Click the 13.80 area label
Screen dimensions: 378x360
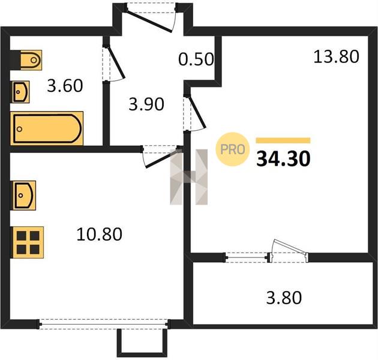tap(336, 56)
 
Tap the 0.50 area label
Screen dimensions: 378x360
tap(196, 59)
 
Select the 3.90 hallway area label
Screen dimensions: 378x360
tap(146, 104)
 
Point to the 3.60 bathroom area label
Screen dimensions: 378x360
tap(65, 86)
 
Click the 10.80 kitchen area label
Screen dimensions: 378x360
tap(100, 234)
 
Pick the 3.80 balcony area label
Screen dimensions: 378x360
tap(284, 298)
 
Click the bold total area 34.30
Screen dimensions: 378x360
tap(283, 159)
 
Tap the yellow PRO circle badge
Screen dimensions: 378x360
tap(232, 149)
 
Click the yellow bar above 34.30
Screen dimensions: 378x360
tap(283, 140)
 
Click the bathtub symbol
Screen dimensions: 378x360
tap(47, 128)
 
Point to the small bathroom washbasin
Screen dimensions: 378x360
tap(20, 92)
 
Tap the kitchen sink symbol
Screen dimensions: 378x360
tap(23, 196)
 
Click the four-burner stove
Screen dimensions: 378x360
tap(27, 242)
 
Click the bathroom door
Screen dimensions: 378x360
tap(113, 63)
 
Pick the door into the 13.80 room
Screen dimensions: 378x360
tap(194, 113)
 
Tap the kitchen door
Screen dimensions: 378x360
tap(161, 156)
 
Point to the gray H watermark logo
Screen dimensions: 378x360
tap(189, 177)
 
